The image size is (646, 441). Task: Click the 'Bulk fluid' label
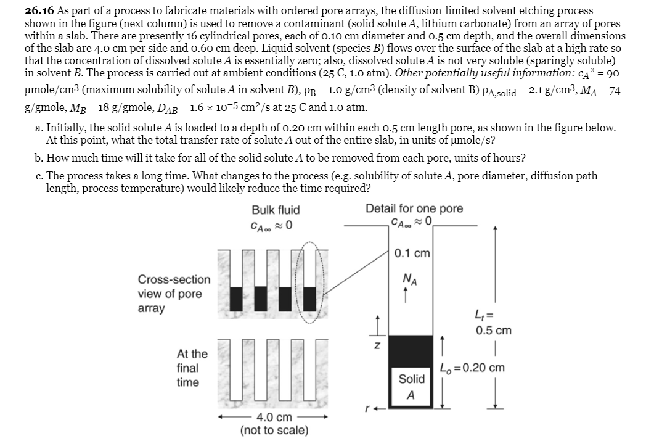(276, 210)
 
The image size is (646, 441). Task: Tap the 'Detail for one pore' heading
(414, 208)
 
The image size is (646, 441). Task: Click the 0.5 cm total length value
(494, 330)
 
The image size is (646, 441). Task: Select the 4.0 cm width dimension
(274, 417)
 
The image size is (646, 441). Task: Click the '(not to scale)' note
(274, 430)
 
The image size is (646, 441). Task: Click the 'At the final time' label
(192, 368)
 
